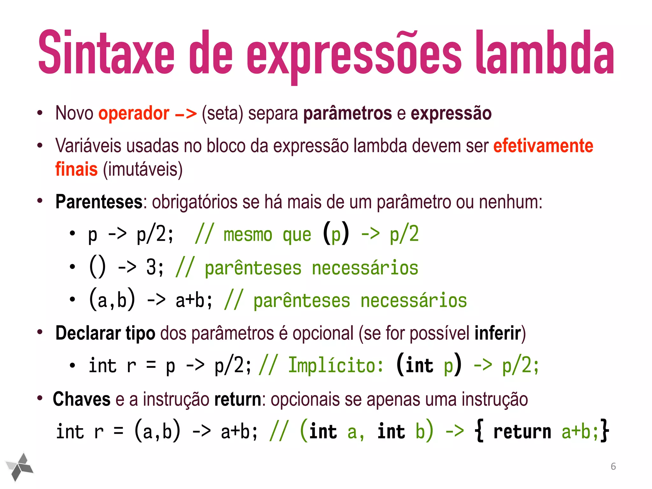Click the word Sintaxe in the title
[106, 53]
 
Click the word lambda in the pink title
[545, 53]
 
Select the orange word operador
[134, 113]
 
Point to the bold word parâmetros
[347, 114]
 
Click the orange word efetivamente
[543, 146]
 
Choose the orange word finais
[76, 169]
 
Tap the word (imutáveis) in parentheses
[143, 169]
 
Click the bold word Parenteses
[99, 202]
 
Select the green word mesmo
[248, 235]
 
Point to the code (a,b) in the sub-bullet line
[112, 300]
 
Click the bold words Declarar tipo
[105, 333]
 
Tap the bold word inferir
[498, 333]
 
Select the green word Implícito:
[336, 365]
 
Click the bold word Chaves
[81, 399]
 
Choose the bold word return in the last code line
[522, 432]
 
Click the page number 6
[613, 466]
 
